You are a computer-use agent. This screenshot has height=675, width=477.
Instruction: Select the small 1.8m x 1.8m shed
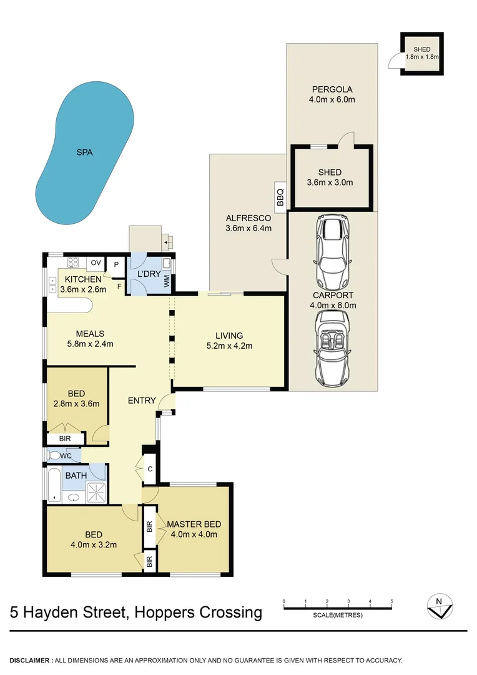point(422,54)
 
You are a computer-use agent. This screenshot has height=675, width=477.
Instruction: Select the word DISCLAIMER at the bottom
point(31,660)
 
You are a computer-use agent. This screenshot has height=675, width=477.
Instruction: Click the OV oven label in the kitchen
point(96,262)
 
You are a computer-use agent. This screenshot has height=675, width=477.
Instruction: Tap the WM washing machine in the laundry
point(167,282)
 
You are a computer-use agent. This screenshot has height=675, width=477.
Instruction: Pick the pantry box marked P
point(116,264)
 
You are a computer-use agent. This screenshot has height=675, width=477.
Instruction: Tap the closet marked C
point(150,469)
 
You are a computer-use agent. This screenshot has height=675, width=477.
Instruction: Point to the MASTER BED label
point(194,524)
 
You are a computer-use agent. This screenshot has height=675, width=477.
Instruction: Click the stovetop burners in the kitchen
point(73,262)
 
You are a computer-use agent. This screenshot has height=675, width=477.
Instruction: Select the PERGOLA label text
point(332,89)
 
